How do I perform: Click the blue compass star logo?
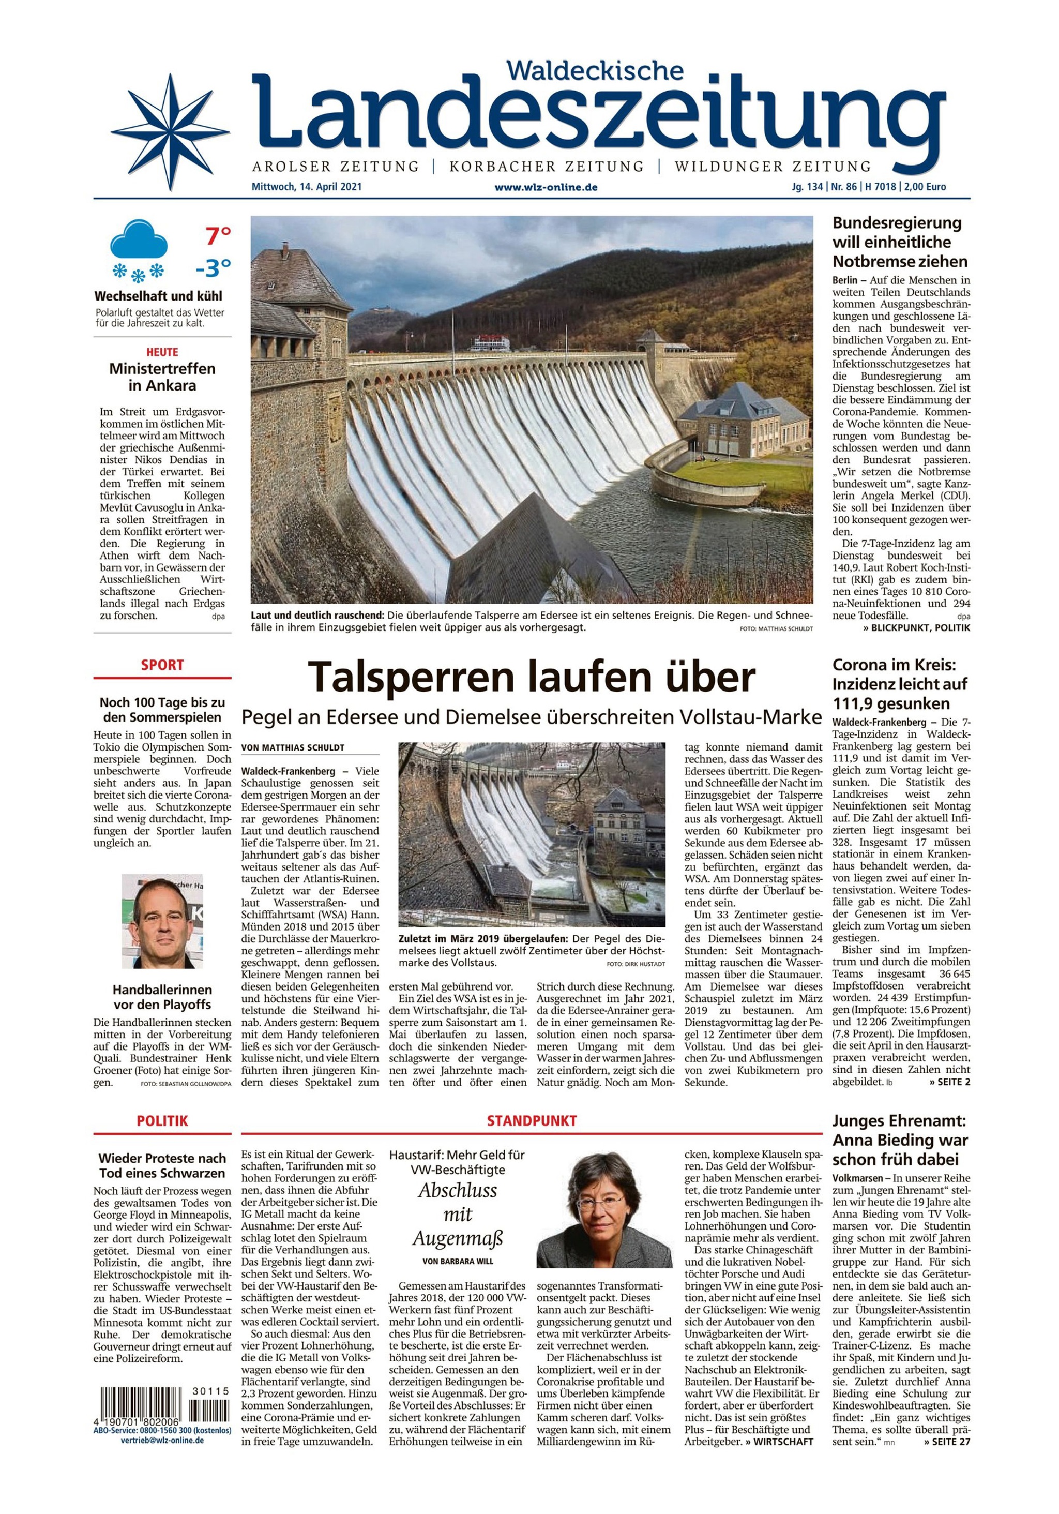click(x=163, y=131)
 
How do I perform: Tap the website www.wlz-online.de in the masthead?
click(x=546, y=187)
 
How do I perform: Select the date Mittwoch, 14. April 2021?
click(x=307, y=187)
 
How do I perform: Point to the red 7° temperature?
click(x=218, y=235)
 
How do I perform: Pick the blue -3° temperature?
click(x=213, y=268)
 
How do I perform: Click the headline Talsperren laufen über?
click(x=532, y=677)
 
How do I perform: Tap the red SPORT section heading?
click(x=162, y=665)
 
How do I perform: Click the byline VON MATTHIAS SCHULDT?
click(x=293, y=747)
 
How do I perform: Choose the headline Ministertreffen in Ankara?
click(x=162, y=377)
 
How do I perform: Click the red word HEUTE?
click(x=162, y=352)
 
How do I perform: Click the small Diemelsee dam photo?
click(x=532, y=834)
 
